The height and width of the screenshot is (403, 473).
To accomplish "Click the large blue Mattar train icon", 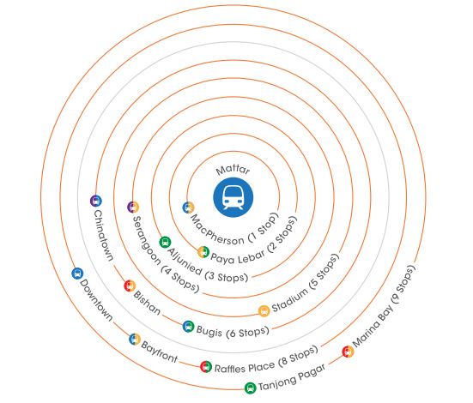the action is coord(233,197).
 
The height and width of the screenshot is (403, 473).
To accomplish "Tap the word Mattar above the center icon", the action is coord(233,170).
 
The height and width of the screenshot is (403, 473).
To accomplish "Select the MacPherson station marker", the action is coord(188,208).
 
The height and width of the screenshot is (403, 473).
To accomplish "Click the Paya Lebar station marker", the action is coord(203,252).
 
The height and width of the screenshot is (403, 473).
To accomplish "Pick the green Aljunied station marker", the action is coord(165,242).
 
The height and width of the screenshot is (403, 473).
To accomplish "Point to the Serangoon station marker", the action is coord(133,208).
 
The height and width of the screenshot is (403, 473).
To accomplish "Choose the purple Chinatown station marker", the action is coord(96,201).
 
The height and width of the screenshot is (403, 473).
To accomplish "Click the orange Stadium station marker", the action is coord(264,310).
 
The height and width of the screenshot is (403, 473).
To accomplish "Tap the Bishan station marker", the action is coord(130,286).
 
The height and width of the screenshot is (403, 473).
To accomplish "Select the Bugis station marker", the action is coord(188,327).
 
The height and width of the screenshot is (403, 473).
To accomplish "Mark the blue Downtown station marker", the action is coord(77,274).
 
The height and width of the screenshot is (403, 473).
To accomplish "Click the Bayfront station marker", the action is coord(135,340).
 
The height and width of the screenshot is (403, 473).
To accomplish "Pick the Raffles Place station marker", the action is coord(206,366).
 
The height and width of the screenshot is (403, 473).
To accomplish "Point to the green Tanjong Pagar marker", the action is coord(250,388).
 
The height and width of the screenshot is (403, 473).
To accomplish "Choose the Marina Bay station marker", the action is coord(348,352).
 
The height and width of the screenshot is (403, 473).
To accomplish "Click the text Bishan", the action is coord(147,303).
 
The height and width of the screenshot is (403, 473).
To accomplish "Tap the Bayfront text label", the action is coord(160,352).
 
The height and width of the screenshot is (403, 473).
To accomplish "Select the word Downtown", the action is coord(96,300).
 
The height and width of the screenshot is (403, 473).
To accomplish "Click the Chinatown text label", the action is coord(104,235).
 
